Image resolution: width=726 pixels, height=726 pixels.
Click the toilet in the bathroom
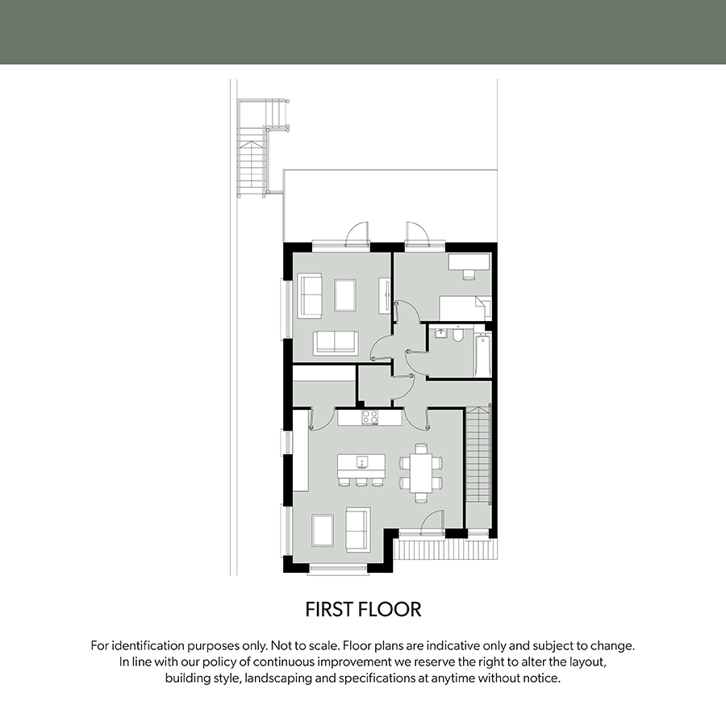458,334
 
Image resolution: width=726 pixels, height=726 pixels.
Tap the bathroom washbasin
440,333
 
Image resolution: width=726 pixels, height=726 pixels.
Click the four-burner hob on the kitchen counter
370,417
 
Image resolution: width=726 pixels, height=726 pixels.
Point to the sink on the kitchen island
362,461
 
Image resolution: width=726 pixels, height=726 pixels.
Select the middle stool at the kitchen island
361,482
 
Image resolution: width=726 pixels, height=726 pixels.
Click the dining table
421,474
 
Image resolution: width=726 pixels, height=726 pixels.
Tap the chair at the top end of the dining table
421,449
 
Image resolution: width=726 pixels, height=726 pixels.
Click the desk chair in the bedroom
469,273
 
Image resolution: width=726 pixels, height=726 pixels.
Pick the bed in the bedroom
465,308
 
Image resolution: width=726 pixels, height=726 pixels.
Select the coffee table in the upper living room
345,295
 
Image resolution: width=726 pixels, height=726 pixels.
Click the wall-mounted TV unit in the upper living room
385,296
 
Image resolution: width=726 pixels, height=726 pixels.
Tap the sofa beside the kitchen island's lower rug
358,529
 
